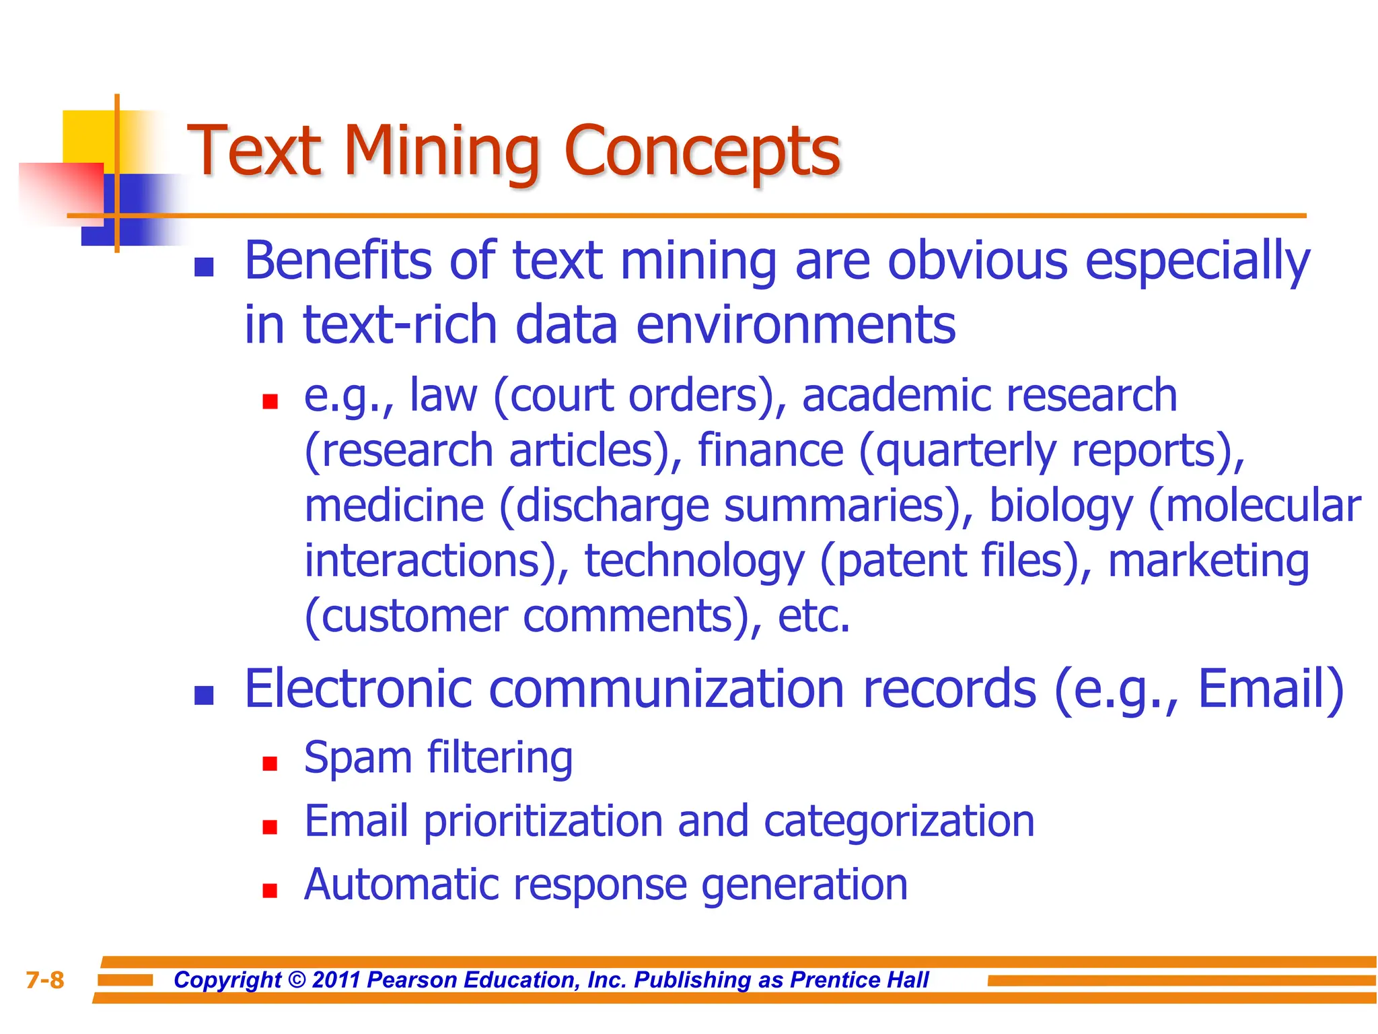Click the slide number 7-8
[44, 980]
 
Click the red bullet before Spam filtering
[270, 763]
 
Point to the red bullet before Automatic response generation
[270, 891]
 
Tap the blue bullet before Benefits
[204, 267]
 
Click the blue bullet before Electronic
[204, 695]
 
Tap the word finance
[770, 450]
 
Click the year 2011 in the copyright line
[336, 980]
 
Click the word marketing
[1208, 561]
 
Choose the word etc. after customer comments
[813, 617]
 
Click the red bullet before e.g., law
[270, 402]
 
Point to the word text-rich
[400, 325]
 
